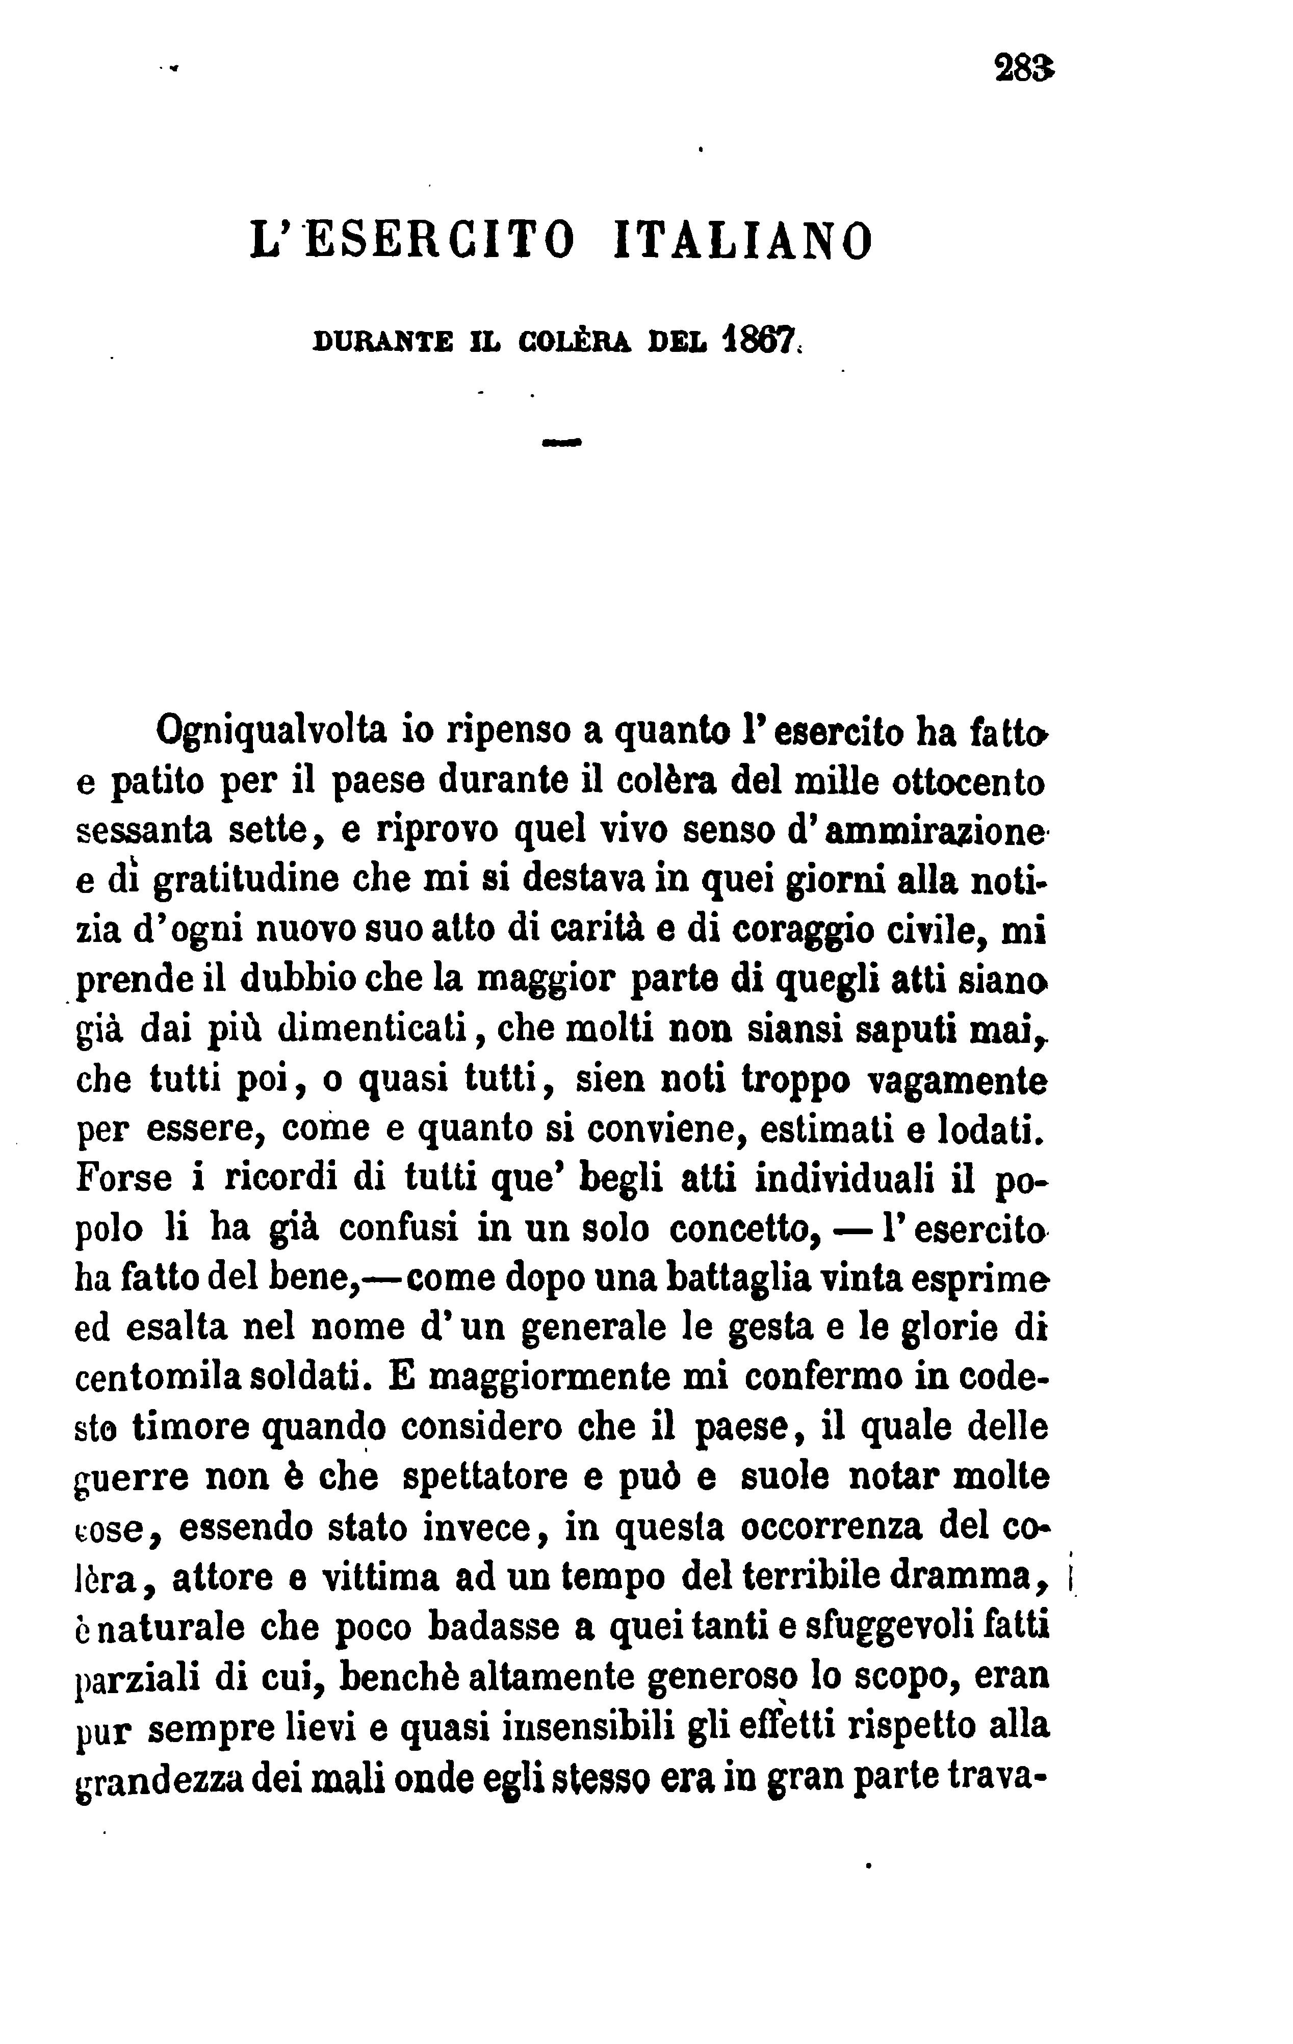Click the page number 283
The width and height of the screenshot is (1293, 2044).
pos(1024,67)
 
